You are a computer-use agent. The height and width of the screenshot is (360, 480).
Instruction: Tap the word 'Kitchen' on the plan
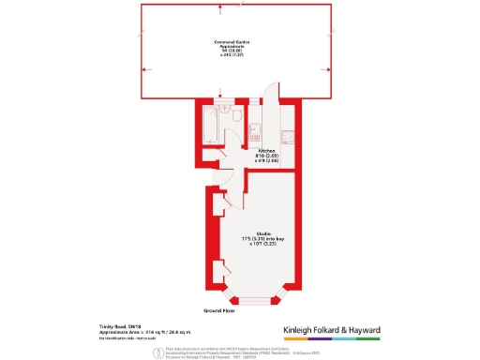pyautogui.click(x=265, y=149)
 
